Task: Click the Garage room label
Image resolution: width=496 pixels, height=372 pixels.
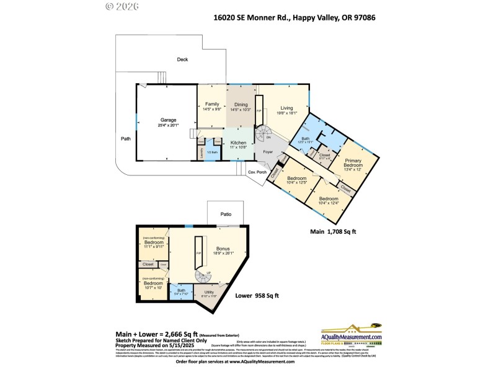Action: pos(169,120)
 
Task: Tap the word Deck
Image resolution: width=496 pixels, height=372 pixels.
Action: pos(182,60)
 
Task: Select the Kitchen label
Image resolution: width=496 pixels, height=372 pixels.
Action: pos(239,143)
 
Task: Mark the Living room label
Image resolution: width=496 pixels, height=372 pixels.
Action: pos(286,107)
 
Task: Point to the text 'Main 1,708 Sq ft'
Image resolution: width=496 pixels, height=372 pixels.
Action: pos(333,231)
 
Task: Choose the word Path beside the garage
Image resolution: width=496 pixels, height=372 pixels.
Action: pos(126,138)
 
